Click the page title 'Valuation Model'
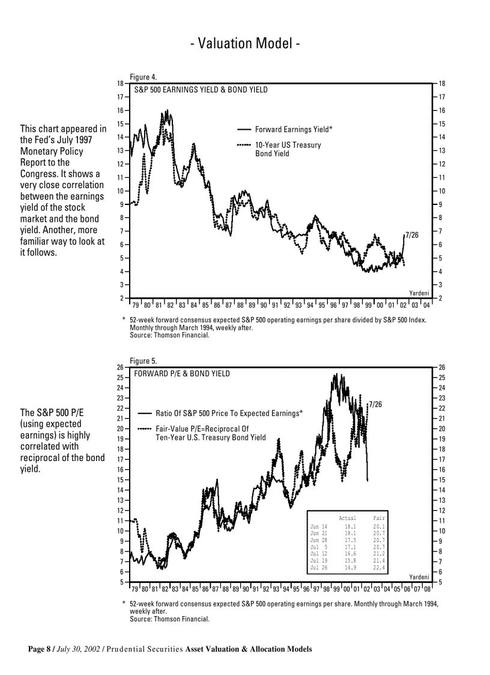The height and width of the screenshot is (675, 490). click(x=244, y=44)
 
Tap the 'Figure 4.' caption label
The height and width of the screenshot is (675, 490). click(x=144, y=77)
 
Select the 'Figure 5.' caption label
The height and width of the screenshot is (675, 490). click(x=144, y=361)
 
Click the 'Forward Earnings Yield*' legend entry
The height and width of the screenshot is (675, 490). click(x=293, y=129)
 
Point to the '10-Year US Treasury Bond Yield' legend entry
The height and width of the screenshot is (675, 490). click(x=288, y=149)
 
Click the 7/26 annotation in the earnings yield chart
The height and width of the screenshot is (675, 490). click(x=412, y=235)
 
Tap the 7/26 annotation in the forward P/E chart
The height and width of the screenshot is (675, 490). click(x=376, y=405)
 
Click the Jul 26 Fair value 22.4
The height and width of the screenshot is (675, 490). click(x=379, y=567)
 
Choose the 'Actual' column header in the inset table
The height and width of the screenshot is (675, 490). click(x=347, y=518)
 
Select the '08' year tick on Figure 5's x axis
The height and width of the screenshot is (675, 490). click(x=427, y=589)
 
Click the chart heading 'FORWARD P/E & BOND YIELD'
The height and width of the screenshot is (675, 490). click(x=181, y=374)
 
